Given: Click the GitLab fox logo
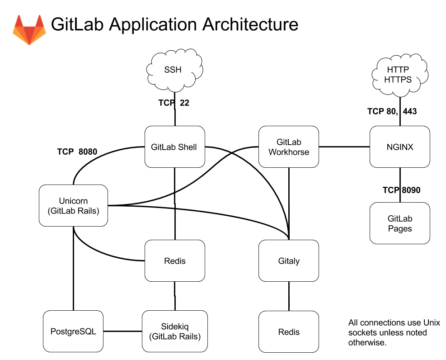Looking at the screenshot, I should (29, 30).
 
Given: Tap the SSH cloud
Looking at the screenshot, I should (174, 70).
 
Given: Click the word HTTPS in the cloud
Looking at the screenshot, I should (398, 80).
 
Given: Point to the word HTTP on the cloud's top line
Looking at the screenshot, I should (398, 70).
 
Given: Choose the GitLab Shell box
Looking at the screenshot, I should (174, 147).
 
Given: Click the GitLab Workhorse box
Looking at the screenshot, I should (289, 147).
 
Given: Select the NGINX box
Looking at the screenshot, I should (400, 147).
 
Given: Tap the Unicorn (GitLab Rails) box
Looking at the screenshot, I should (73, 205).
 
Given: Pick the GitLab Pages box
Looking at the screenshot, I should (400, 223).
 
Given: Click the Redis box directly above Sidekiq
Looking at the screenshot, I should (174, 261).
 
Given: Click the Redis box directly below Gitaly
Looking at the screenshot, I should (289, 332).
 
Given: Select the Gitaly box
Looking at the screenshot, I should (289, 261).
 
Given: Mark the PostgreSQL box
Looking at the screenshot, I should (73, 332).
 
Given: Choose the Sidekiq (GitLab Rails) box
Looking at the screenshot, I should (174, 332).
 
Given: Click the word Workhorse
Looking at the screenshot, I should (289, 152).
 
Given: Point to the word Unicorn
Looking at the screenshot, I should (73, 201).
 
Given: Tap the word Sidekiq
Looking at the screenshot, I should (174, 327).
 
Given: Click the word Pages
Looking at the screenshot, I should (400, 229).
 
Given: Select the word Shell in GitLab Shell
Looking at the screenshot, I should (187, 147).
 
